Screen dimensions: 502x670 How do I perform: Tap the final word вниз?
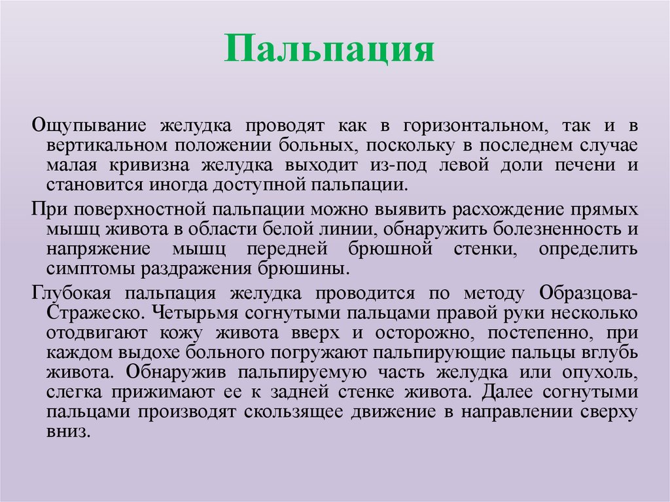66,433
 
